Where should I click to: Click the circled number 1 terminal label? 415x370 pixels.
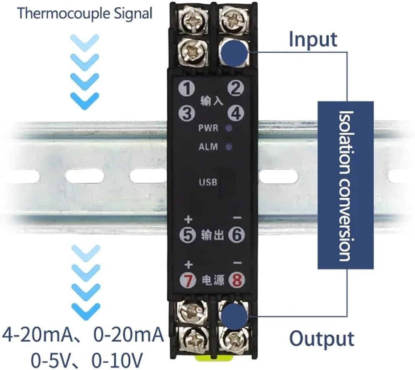(x=186, y=88)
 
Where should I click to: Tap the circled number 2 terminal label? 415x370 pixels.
(x=235, y=88)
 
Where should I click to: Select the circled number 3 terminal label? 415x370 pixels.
(x=187, y=113)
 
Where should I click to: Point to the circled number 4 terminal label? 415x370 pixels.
(x=236, y=113)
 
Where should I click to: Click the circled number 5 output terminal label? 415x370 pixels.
(x=188, y=235)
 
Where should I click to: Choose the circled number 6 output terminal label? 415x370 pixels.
(x=237, y=235)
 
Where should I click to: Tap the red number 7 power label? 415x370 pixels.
(x=188, y=280)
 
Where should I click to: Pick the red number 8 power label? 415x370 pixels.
(x=237, y=280)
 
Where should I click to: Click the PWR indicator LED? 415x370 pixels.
(x=229, y=128)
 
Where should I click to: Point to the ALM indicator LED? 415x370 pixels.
(x=229, y=147)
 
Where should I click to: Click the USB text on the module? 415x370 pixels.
(x=208, y=182)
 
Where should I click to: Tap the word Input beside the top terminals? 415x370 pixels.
(x=313, y=39)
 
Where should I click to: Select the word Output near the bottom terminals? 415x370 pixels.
(x=322, y=339)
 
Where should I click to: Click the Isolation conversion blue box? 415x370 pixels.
(x=346, y=185)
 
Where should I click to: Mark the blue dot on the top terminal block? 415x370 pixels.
(x=234, y=52)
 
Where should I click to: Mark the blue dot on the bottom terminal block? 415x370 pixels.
(x=234, y=316)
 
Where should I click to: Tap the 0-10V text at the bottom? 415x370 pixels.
(x=117, y=360)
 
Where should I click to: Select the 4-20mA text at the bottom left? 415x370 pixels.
(x=37, y=335)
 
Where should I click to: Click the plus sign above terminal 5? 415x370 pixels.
(x=188, y=220)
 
